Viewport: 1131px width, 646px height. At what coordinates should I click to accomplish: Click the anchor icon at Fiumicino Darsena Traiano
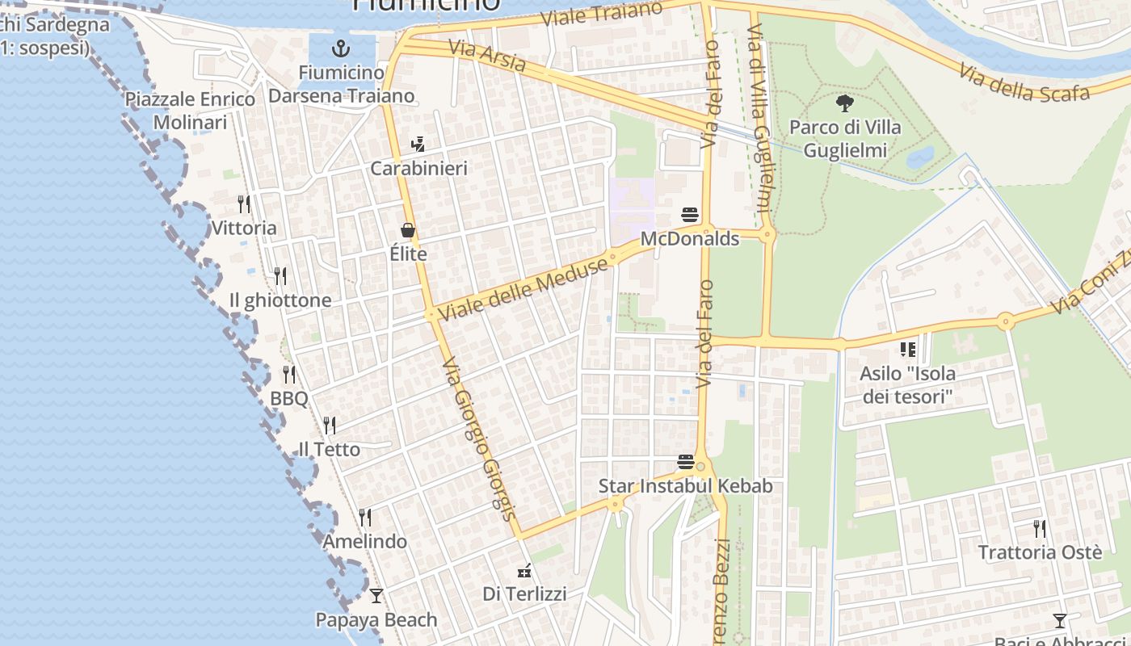click(x=340, y=48)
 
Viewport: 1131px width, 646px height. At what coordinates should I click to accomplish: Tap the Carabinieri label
click(x=418, y=169)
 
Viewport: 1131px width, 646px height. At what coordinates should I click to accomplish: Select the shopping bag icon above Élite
click(x=408, y=230)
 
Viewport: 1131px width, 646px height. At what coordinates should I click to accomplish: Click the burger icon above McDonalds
click(x=690, y=215)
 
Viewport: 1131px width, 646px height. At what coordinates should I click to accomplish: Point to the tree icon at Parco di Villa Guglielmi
click(x=845, y=103)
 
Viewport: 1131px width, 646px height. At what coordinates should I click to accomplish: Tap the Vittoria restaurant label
click(x=244, y=228)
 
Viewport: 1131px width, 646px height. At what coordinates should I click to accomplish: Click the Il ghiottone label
click(x=280, y=300)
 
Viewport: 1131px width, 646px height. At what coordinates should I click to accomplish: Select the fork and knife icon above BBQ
click(x=289, y=375)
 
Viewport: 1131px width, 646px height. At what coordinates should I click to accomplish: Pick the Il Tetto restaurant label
click(x=330, y=449)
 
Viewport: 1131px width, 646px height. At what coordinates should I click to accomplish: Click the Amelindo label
click(x=365, y=541)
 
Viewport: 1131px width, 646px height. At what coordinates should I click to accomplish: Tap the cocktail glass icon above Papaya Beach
click(x=376, y=596)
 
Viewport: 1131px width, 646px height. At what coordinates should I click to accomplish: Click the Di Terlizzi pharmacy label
click(x=524, y=594)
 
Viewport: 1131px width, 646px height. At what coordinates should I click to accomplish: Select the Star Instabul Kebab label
click(x=685, y=486)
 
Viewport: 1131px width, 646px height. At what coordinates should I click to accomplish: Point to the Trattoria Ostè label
click(x=1040, y=552)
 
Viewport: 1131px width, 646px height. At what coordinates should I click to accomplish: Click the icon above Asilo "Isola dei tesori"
click(x=908, y=350)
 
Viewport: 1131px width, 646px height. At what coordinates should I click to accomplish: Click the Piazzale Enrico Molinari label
click(x=190, y=111)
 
